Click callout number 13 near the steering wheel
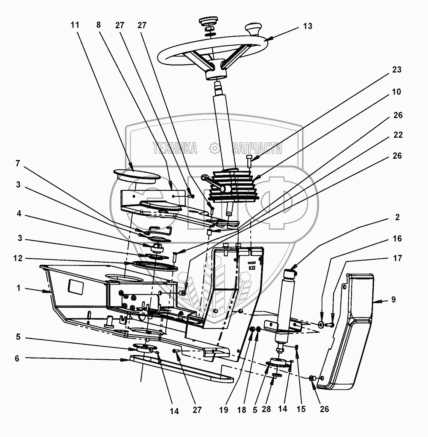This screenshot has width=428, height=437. (x=308, y=26)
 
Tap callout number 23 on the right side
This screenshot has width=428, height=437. (x=396, y=70)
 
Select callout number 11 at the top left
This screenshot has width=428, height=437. (x=75, y=25)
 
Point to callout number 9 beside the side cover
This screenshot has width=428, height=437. (x=393, y=301)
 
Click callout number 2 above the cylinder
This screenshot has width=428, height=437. (x=397, y=217)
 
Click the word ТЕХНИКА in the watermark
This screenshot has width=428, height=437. (x=175, y=148)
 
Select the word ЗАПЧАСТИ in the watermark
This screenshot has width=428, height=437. (x=257, y=148)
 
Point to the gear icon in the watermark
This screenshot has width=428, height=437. (x=215, y=148)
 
